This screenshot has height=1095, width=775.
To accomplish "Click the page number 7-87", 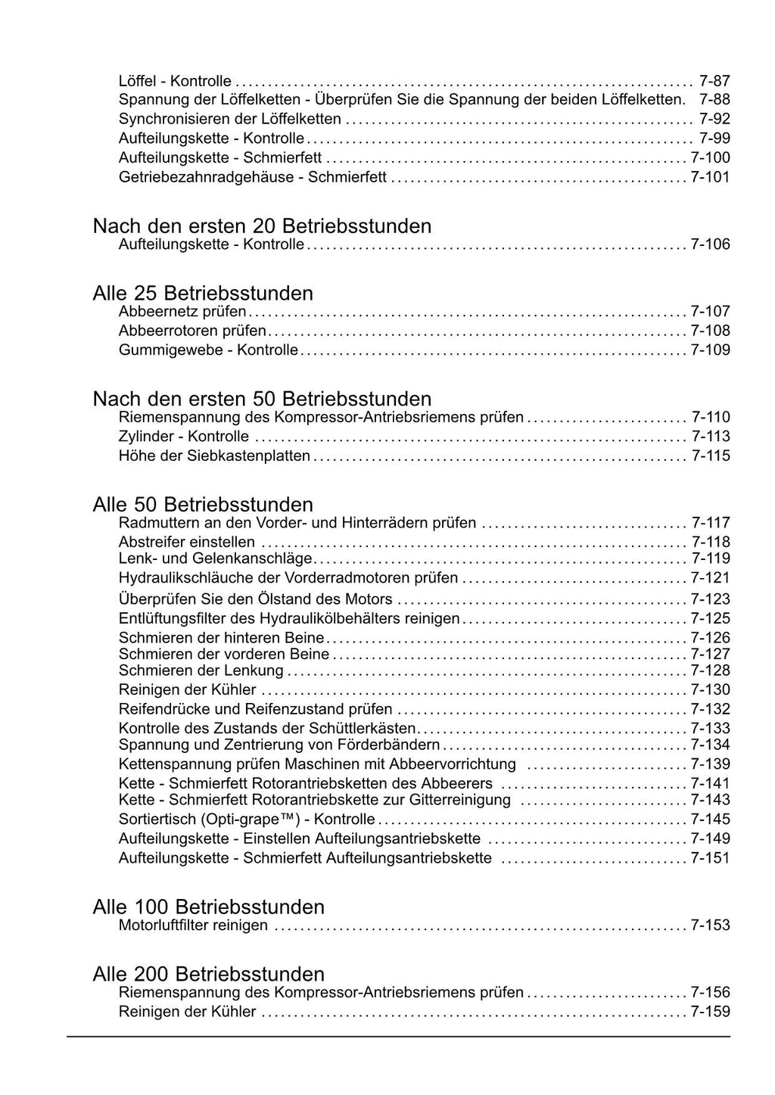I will pos(714,81).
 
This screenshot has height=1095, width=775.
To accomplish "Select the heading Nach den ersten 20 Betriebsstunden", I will pos(262,226).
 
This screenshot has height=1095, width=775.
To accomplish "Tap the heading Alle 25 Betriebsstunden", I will pos(203,293).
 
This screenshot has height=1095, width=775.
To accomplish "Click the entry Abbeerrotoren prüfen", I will pos(192,331).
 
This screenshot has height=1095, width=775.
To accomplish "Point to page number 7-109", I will pos(711,350).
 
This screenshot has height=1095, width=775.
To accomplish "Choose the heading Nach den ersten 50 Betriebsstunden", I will pos(262,399).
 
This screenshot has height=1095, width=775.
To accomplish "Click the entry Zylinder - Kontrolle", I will pos(184,437).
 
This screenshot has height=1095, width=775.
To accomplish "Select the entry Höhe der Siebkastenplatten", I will pos(214,456).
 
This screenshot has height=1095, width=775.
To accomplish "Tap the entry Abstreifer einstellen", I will pos(187,542).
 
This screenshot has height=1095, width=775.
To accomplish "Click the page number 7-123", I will pos(711,599).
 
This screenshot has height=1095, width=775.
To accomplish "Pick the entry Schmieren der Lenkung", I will pos(201,670).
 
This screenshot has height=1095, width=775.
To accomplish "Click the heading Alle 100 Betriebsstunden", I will pos(208,907).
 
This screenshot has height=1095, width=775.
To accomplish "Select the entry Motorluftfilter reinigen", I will pos(193,925).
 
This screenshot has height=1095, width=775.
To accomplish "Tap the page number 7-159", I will pos(711,1012).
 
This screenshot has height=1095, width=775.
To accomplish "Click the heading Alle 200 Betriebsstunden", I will pos(208,974).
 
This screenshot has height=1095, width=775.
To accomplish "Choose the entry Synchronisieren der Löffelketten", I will pos(229,119).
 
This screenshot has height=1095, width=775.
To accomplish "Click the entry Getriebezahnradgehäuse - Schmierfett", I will pos(253,177).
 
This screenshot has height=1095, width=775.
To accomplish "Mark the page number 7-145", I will pos(711,819).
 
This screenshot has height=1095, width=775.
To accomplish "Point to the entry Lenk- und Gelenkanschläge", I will pos(216,558).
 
